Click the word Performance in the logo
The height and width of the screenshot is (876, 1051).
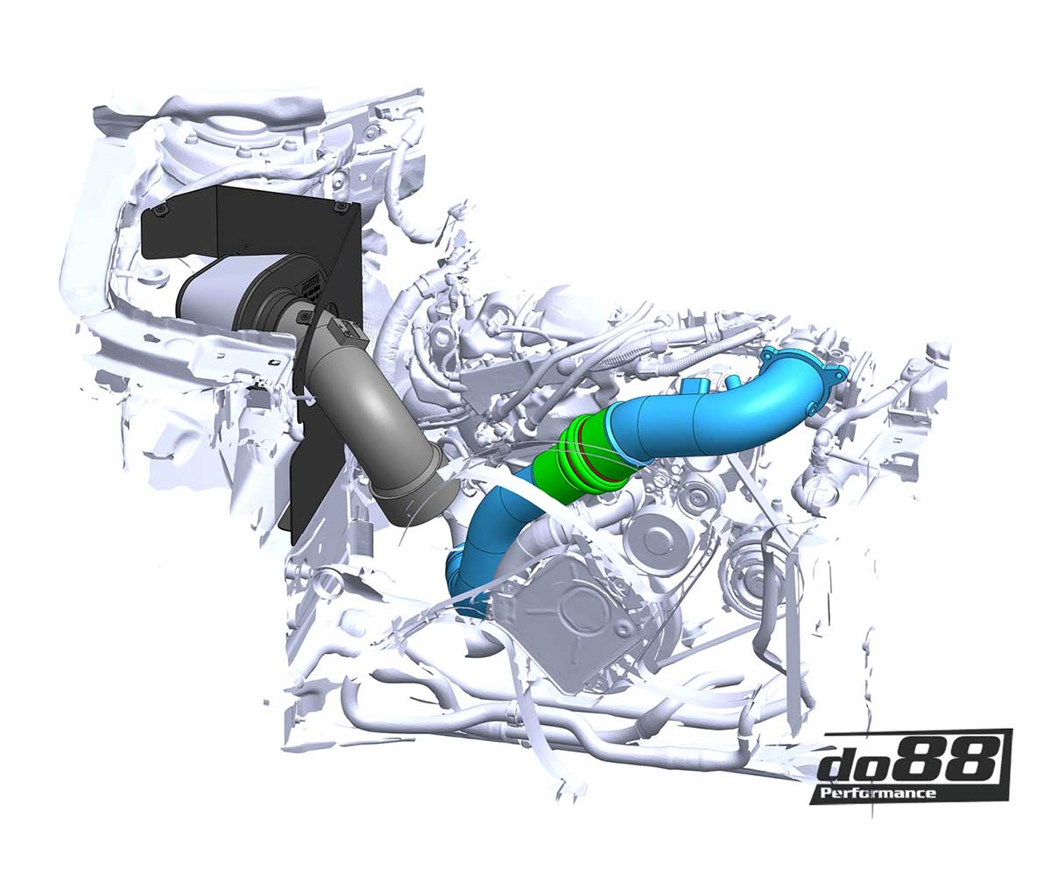pos(872,794)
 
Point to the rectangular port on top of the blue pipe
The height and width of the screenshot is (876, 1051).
pos(699,386)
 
